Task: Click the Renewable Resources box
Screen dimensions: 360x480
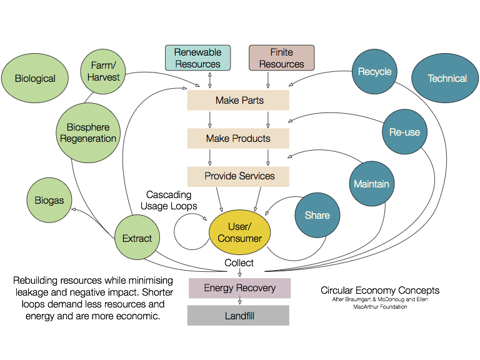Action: [197, 58]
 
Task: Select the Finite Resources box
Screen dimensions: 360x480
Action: [281, 58]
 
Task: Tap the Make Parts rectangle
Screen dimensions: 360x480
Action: [238, 100]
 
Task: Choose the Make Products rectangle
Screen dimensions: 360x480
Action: [238, 138]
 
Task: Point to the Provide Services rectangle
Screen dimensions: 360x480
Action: [238, 176]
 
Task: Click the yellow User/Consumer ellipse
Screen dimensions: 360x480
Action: [239, 232]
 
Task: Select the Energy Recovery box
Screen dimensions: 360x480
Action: [240, 288]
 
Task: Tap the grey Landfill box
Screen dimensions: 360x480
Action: [238, 316]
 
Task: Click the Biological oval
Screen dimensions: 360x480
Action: [35, 78]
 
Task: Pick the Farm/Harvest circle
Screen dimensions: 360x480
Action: [104, 71]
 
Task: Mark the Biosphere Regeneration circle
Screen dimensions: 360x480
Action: [88, 133]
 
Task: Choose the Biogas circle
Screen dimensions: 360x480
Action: [49, 201]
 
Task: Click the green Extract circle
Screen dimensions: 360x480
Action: [137, 238]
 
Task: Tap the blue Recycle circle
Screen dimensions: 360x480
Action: [374, 72]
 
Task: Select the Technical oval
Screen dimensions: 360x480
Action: [446, 78]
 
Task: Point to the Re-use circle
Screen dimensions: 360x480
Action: [404, 132]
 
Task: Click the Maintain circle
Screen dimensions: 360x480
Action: [372, 184]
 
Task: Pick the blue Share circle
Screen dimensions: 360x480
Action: [317, 215]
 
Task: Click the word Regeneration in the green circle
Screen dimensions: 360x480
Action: [88, 139]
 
